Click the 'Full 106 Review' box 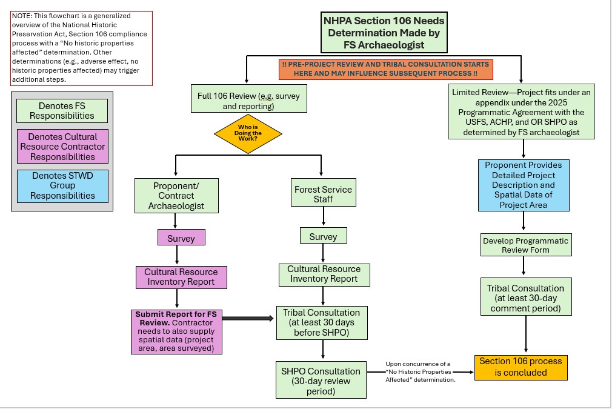pyautogui.click(x=248, y=101)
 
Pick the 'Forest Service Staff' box pyautogui.click(x=323, y=194)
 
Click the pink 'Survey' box pyautogui.click(x=181, y=238)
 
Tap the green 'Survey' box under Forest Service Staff pyautogui.click(x=323, y=236)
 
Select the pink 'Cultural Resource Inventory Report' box pyautogui.click(x=181, y=277)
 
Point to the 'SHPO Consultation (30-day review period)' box pyautogui.click(x=321, y=381)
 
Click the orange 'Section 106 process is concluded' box pyautogui.click(x=521, y=367)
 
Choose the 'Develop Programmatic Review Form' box pyautogui.click(x=525, y=245)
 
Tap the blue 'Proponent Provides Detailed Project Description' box pyautogui.click(x=524, y=185)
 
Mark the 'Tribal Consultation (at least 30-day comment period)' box pyautogui.click(x=525, y=298)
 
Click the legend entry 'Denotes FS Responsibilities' pyautogui.click(x=62, y=111)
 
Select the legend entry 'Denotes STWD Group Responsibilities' pyautogui.click(x=62, y=186)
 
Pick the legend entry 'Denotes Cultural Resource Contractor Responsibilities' pyautogui.click(x=62, y=147)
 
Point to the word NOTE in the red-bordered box pyautogui.click(x=22, y=15)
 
